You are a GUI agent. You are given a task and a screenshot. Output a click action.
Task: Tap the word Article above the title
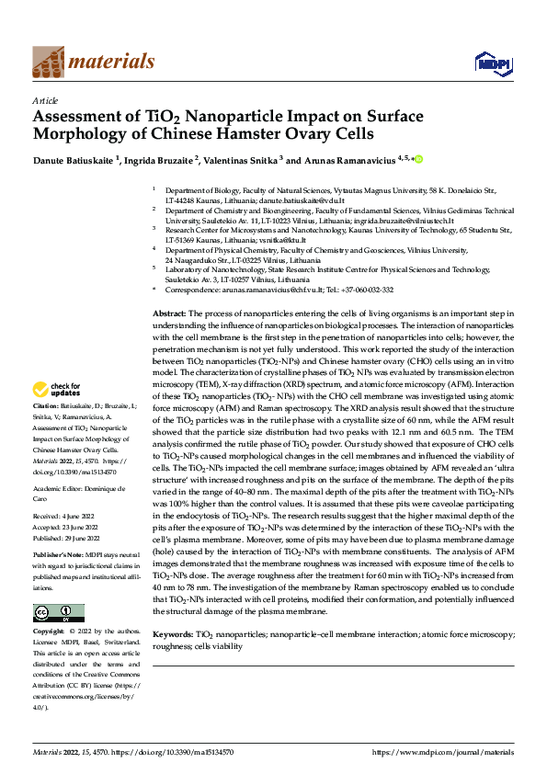[x=45, y=100]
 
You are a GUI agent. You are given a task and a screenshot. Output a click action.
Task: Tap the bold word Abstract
[x=169, y=313]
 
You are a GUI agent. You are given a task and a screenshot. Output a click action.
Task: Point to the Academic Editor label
[x=60, y=488]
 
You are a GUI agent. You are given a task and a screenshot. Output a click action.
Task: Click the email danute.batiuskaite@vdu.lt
[x=292, y=199]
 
